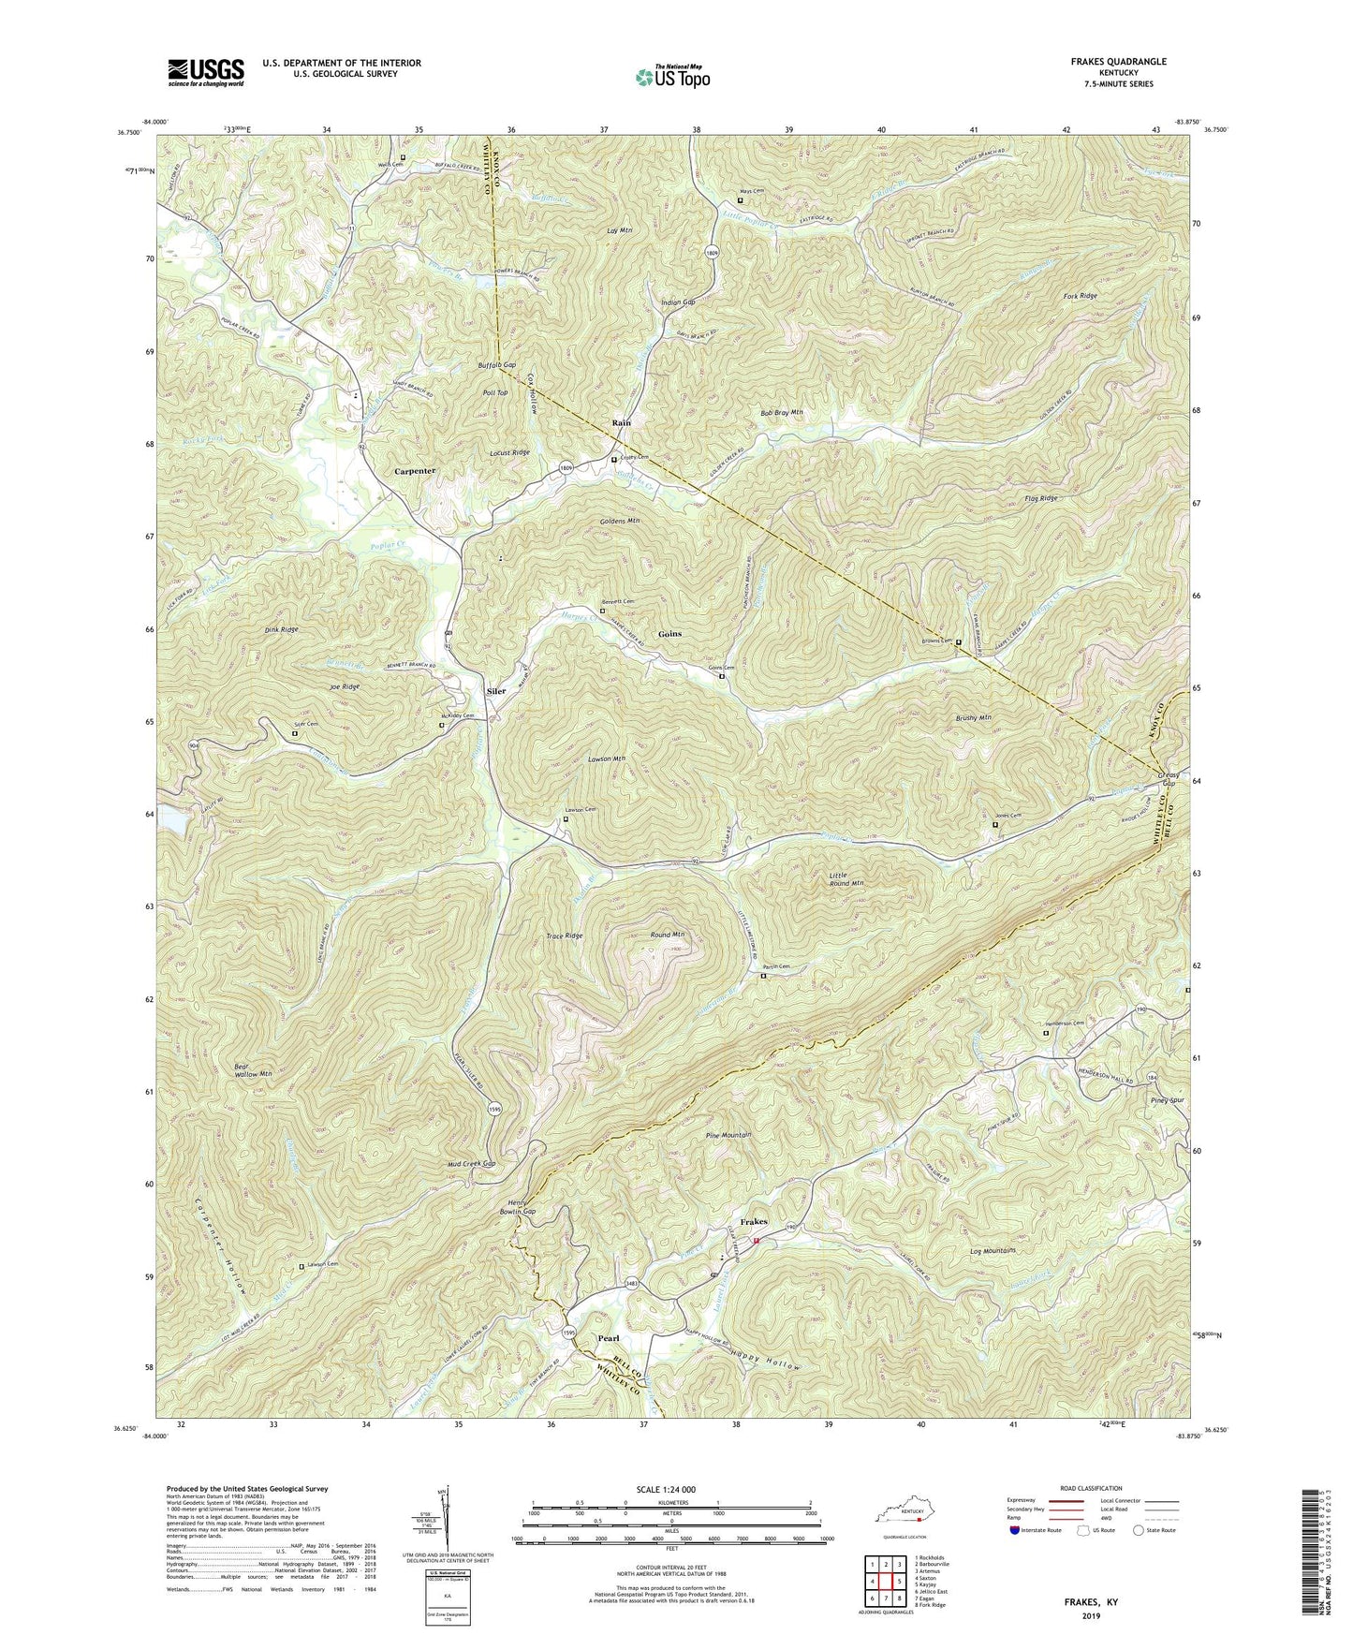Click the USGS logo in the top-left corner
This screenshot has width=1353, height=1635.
tap(206, 72)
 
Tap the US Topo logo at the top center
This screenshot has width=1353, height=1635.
tap(671, 77)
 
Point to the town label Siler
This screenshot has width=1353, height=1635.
tap(495, 691)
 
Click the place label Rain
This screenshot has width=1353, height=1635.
tap(621, 423)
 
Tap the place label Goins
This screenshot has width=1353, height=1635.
tap(669, 634)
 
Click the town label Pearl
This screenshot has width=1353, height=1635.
tap(609, 1338)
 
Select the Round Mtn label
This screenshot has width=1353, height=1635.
tap(668, 935)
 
